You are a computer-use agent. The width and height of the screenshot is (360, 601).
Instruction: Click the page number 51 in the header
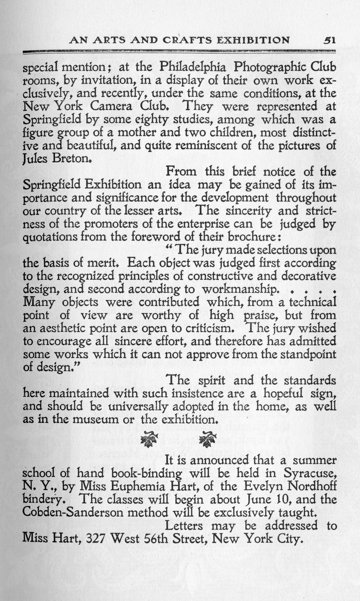329,40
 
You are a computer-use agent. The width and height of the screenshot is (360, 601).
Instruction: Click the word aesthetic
65,328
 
